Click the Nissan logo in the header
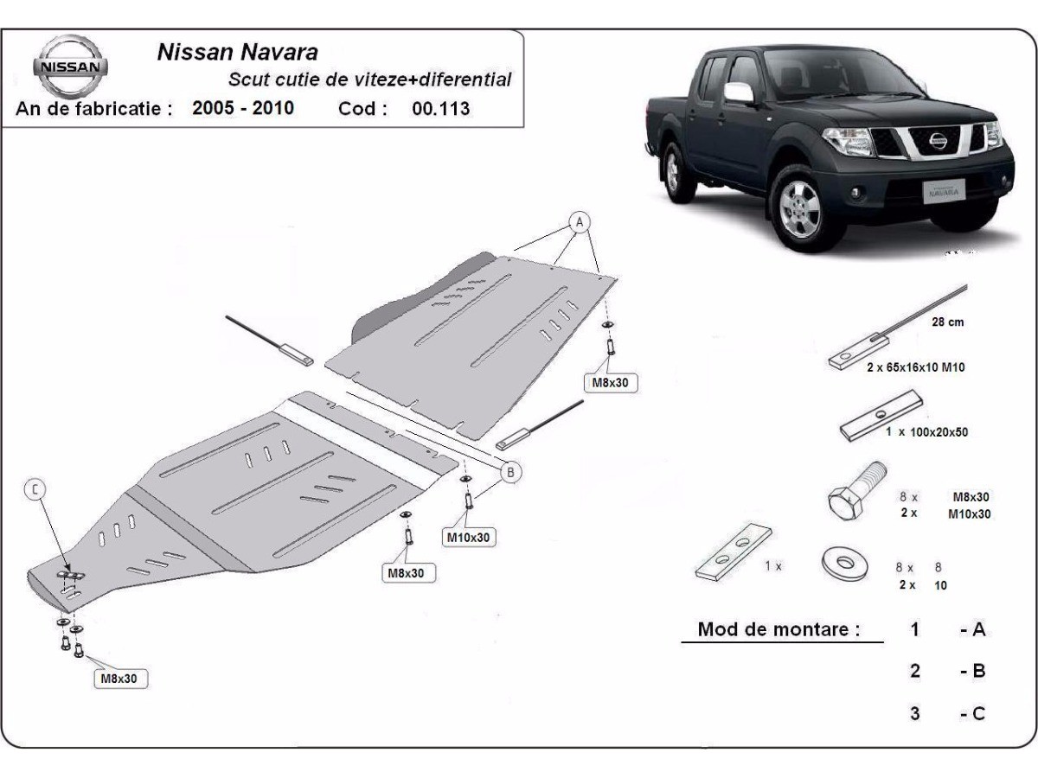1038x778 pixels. coord(70,67)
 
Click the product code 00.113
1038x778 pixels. coord(441,109)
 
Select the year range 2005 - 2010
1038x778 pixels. coord(242,109)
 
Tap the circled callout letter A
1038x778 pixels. coord(579,222)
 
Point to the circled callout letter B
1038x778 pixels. coord(510,472)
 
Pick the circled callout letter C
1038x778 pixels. coord(35,490)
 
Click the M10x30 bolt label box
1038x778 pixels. coord(468,538)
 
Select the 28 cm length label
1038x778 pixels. coord(947,322)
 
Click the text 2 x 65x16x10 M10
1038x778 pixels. coord(915,367)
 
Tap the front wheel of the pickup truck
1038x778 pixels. coord(799,207)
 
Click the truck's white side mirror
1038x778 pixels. coord(739,92)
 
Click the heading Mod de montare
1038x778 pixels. coord(778,629)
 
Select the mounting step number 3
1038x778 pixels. coord(914,714)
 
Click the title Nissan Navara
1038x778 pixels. coord(237,52)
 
